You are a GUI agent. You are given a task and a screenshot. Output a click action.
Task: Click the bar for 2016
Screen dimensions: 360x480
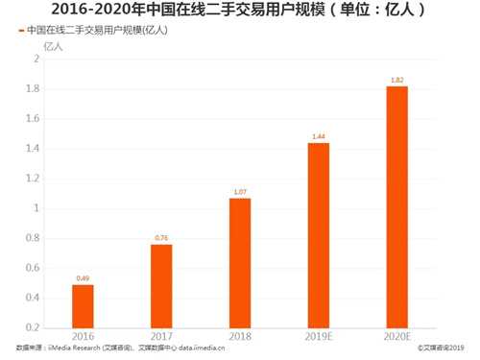(x=84, y=306)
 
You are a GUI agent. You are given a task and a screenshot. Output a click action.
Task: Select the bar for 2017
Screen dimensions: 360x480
(x=162, y=286)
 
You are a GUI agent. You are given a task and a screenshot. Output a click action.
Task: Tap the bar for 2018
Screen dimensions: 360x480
(x=240, y=263)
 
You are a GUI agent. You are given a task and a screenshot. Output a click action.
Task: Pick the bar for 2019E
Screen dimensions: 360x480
(x=318, y=235)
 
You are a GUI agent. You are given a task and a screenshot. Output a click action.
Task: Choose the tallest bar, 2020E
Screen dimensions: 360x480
(x=396, y=206)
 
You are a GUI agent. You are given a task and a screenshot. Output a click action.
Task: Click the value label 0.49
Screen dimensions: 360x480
(x=84, y=278)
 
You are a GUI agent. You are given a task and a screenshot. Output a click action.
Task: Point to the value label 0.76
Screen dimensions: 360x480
(x=162, y=238)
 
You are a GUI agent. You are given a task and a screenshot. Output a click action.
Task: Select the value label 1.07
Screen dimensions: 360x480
(x=240, y=192)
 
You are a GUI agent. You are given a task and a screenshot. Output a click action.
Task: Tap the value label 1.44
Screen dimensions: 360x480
(x=318, y=136)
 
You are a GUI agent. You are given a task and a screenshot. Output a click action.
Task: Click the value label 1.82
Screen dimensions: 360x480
(x=396, y=80)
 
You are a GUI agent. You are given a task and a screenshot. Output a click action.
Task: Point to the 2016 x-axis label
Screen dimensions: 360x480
(x=84, y=337)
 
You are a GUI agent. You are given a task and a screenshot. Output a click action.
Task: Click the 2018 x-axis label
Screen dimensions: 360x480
(x=240, y=337)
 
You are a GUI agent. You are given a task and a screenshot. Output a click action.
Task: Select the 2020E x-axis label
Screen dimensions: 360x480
(x=396, y=337)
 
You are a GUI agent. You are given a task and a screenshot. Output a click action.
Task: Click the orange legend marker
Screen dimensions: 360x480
(x=21, y=31)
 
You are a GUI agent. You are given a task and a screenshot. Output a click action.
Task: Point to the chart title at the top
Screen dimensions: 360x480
(x=239, y=11)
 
